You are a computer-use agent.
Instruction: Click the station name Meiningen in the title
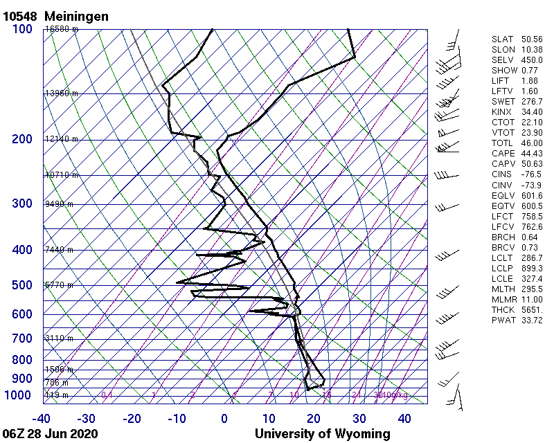(x=76, y=16)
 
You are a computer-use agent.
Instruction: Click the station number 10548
(x=22, y=16)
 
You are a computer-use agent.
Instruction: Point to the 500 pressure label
(x=22, y=285)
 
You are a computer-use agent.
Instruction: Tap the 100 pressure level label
(x=22, y=29)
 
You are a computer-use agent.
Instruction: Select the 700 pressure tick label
(x=22, y=338)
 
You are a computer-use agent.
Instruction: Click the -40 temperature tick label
(x=42, y=419)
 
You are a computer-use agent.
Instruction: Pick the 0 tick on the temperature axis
(x=224, y=419)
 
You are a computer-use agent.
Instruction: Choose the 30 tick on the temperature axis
(x=359, y=419)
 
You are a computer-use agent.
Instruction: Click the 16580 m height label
(x=62, y=29)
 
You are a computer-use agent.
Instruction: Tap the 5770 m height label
(x=59, y=284)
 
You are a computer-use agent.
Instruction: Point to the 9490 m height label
(x=59, y=204)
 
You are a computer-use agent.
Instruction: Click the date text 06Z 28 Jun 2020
(x=50, y=434)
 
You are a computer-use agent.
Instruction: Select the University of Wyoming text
(x=323, y=434)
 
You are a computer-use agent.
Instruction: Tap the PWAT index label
(x=501, y=320)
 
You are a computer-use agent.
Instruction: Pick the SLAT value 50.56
(x=532, y=39)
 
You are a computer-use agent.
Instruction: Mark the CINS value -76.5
(x=532, y=174)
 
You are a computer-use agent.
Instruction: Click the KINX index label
(x=501, y=112)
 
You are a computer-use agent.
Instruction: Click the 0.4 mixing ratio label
(x=107, y=395)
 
